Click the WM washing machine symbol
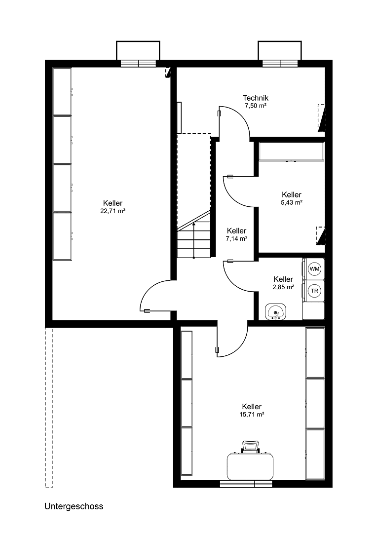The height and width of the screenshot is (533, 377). [314, 269]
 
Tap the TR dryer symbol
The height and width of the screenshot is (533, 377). [314, 291]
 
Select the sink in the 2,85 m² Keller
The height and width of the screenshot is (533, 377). [276, 312]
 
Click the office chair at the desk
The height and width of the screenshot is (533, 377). [250, 447]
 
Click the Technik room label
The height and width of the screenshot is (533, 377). [256, 98]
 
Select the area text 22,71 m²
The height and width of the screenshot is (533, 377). [113, 211]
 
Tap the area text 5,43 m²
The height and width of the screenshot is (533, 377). [292, 202]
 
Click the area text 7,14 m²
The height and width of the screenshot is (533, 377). [237, 238]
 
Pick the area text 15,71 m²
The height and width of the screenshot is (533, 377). [252, 415]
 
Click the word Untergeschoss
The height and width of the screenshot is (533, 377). [74, 506]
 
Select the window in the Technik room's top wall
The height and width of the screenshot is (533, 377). [280, 63]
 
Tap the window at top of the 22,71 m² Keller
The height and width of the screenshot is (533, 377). [138, 63]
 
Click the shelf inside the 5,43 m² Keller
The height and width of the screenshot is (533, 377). [291, 152]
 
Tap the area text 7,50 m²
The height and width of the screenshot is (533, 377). [256, 106]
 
